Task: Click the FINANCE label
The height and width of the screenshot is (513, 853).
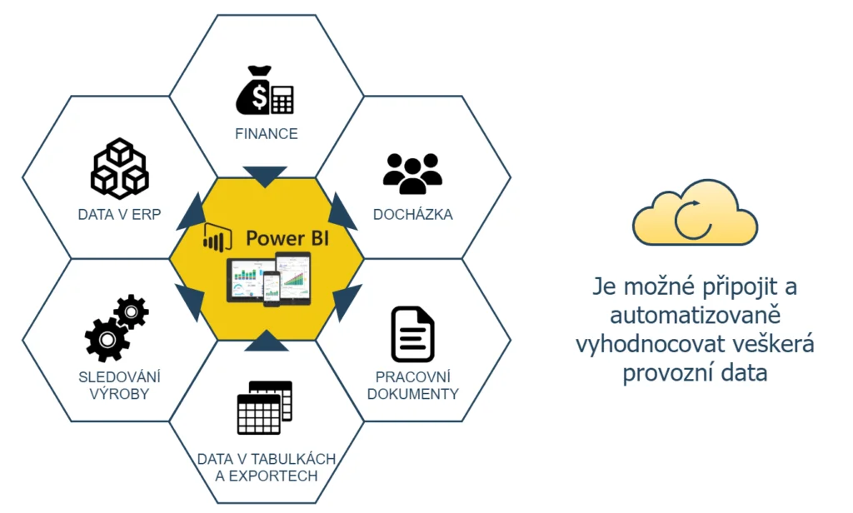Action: click(x=266, y=133)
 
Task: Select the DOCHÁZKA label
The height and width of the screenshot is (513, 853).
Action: click(x=413, y=214)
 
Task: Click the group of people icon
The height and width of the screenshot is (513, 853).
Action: click(x=412, y=173)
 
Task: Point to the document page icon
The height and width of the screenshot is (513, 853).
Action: click(x=413, y=335)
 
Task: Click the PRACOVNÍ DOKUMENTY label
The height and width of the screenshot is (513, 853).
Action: click(x=413, y=385)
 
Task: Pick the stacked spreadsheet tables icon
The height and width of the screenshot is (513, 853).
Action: click(x=265, y=407)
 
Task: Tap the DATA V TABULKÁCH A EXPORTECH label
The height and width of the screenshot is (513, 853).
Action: click(x=266, y=467)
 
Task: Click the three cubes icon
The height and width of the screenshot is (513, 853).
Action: click(x=119, y=169)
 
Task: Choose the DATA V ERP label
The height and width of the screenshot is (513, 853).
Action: click(x=119, y=214)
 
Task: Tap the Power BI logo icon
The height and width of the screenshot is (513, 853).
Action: click(x=217, y=239)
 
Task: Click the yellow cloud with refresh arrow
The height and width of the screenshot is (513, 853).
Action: click(x=695, y=214)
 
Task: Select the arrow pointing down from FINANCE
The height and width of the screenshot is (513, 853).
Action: click(x=265, y=176)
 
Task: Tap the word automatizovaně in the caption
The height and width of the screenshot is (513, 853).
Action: click(x=695, y=316)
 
